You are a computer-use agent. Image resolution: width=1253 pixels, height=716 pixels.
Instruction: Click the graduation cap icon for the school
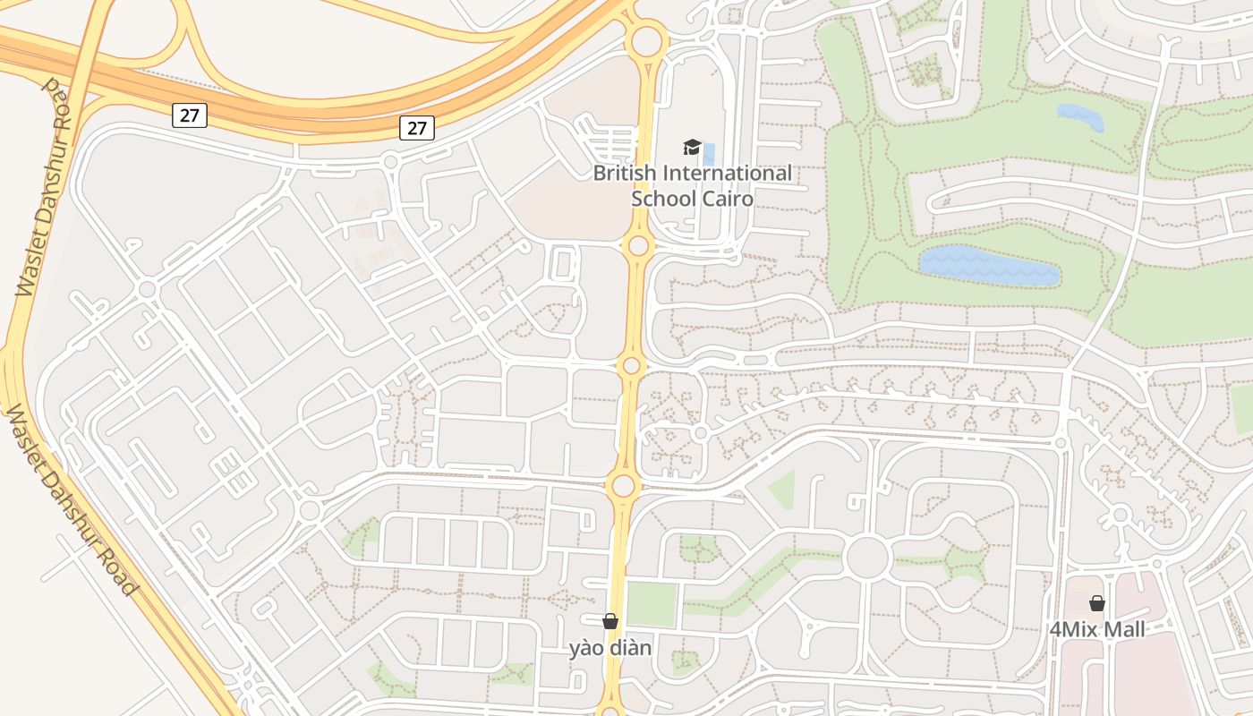[692, 147]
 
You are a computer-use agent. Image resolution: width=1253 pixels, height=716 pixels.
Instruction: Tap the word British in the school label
[625, 173]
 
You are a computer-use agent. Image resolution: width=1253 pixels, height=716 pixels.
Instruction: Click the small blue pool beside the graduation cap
[709, 153]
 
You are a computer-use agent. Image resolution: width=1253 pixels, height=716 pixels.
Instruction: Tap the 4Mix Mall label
[1096, 629]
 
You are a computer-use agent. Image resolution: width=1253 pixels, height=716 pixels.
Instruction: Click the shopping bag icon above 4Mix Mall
[1096, 603]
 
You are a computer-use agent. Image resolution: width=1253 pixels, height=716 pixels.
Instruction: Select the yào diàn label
[610, 647]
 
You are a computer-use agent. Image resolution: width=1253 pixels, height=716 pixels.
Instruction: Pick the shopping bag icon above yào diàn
[610, 620]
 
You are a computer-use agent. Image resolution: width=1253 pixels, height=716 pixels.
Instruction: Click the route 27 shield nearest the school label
[417, 128]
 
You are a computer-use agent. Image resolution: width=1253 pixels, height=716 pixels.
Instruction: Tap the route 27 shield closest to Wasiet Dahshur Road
[190, 115]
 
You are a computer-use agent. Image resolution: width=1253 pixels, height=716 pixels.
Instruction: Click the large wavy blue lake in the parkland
[988, 266]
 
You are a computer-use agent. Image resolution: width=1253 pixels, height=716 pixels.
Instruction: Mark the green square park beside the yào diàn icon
[651, 604]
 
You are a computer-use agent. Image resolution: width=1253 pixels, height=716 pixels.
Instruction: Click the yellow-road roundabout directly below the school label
[638, 245]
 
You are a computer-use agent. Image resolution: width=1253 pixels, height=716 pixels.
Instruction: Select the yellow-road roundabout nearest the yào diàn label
[623, 486]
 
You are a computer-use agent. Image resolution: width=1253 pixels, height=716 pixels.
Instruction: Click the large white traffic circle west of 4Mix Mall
[866, 558]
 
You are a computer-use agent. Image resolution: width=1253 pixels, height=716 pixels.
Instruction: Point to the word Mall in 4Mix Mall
[1122, 629]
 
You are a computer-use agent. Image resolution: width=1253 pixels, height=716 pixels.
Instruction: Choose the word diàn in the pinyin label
[629, 647]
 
